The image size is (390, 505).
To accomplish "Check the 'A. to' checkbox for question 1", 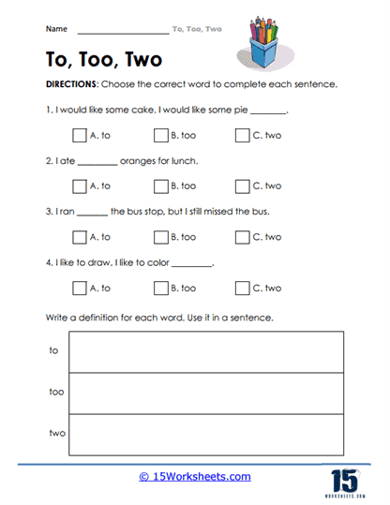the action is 78,135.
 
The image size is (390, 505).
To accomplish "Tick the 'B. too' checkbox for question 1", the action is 160,135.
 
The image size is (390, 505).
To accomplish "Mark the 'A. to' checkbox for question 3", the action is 78,237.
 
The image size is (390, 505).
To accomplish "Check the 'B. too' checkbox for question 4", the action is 160,288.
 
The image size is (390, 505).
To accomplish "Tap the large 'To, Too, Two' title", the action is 103,60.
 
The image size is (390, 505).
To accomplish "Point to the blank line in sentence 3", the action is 92,213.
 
